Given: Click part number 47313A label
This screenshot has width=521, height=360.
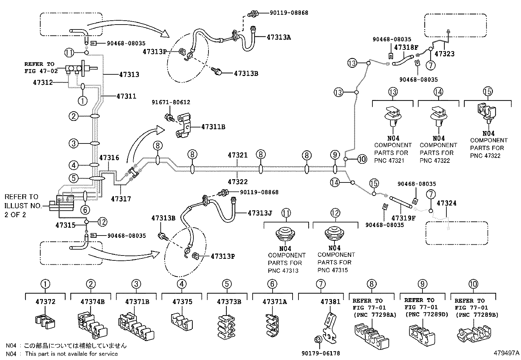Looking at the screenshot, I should (278, 37).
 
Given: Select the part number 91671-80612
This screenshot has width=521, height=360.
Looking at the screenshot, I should (171, 102).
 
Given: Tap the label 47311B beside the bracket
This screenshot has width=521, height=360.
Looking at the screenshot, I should (213, 127).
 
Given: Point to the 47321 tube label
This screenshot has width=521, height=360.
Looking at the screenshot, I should (238, 155).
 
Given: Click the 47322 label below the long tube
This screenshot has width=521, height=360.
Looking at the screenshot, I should (238, 181).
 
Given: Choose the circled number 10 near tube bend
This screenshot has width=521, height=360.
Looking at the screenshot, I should (362, 160).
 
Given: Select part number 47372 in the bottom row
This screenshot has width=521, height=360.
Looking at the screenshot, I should (45, 301).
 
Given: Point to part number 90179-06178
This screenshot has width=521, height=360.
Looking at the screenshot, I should (321, 353).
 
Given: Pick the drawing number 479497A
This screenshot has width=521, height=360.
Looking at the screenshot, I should (507, 353).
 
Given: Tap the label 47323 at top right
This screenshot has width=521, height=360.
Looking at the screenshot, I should (444, 54).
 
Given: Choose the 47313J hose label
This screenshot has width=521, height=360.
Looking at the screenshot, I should (260, 213).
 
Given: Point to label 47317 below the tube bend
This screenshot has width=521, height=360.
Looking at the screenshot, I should (121, 199).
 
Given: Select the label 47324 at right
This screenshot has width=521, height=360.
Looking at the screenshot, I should (446, 203).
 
